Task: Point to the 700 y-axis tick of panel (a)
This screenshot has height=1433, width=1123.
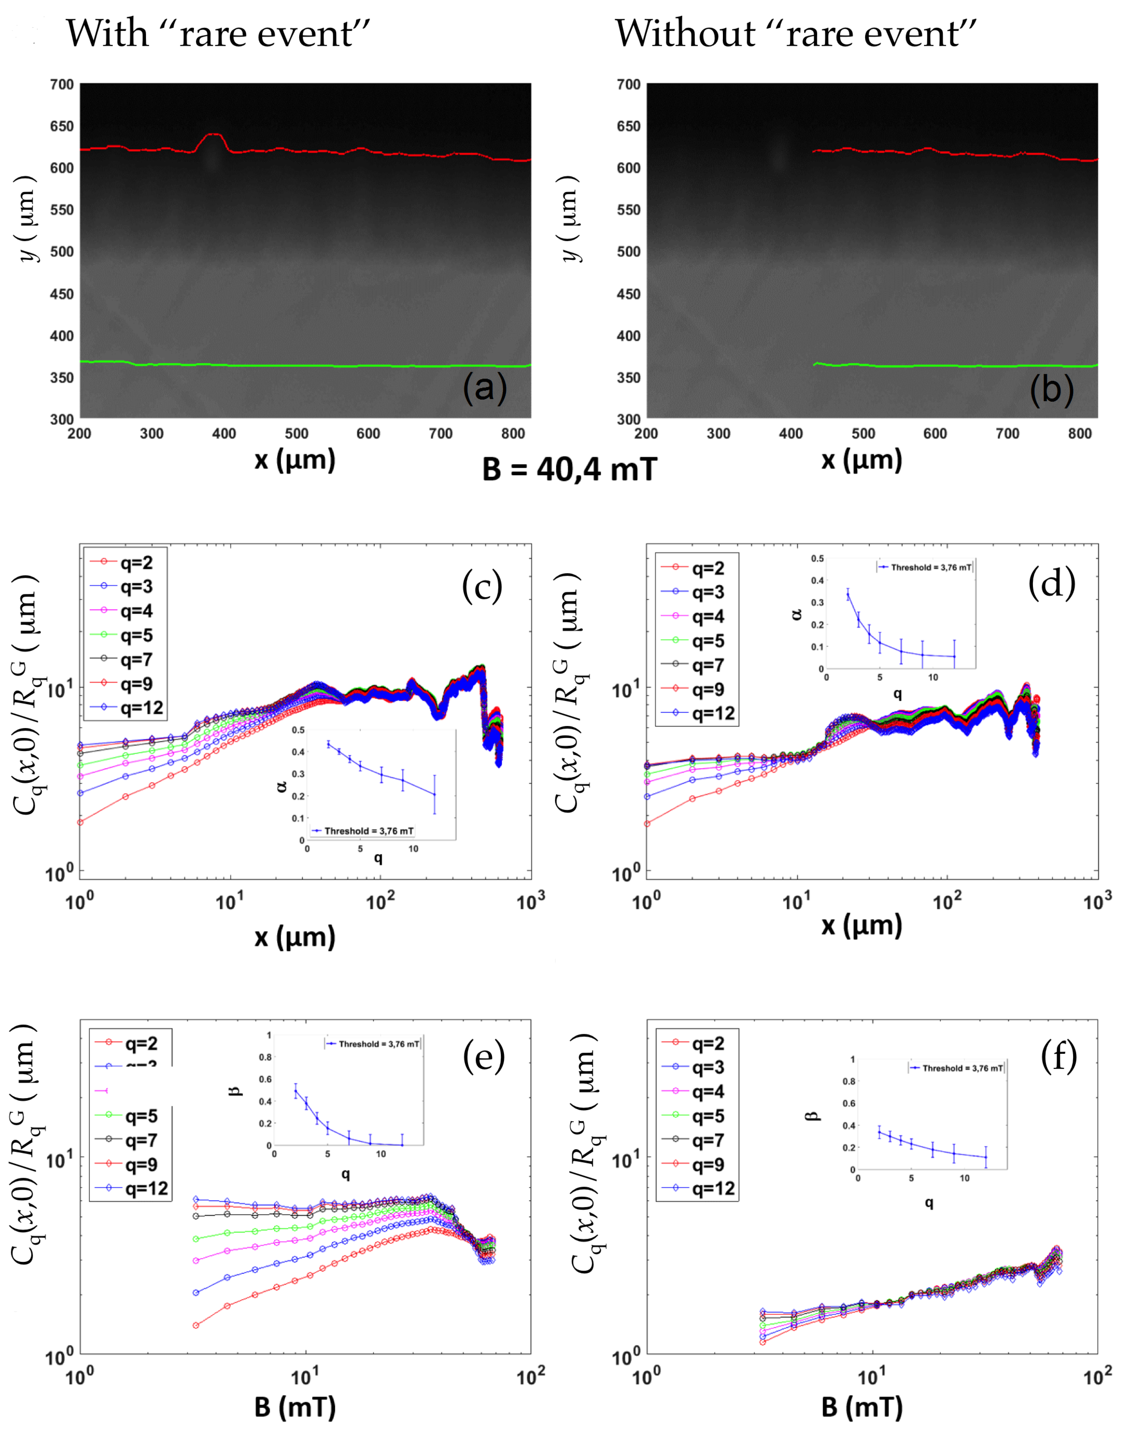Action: [62, 84]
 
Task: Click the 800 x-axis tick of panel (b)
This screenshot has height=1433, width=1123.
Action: [1080, 433]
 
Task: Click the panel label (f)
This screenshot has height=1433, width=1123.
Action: [1058, 1057]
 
